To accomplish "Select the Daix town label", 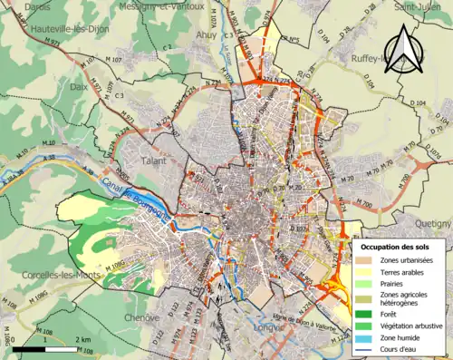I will [79, 87].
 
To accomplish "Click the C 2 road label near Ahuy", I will [167, 45].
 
